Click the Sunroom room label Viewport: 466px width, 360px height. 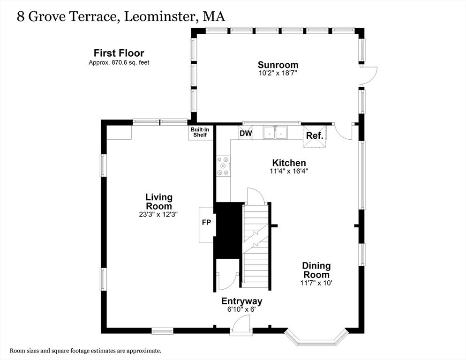pyautogui.click(x=278, y=65)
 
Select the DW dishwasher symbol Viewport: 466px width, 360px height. pyautogui.click(x=246, y=134)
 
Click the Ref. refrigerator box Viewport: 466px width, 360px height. pyautogui.click(x=314, y=135)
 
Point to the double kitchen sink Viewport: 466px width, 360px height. pyautogui.click(x=275, y=133)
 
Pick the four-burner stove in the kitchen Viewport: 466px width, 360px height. pyautogui.click(x=223, y=166)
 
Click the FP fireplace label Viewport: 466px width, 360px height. pyautogui.click(x=206, y=223)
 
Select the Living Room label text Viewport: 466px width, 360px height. pyautogui.click(x=158, y=202)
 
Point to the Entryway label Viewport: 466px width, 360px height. pyautogui.click(x=241, y=301)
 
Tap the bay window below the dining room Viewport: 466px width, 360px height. pyautogui.click(x=316, y=338)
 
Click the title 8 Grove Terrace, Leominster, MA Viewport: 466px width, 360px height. pyautogui.click(x=121, y=16)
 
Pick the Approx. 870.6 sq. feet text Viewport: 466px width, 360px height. pyautogui.click(x=119, y=62)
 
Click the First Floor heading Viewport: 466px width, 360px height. pyautogui.click(x=119, y=53)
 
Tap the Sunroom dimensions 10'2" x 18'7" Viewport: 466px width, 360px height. pyautogui.click(x=278, y=73)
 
